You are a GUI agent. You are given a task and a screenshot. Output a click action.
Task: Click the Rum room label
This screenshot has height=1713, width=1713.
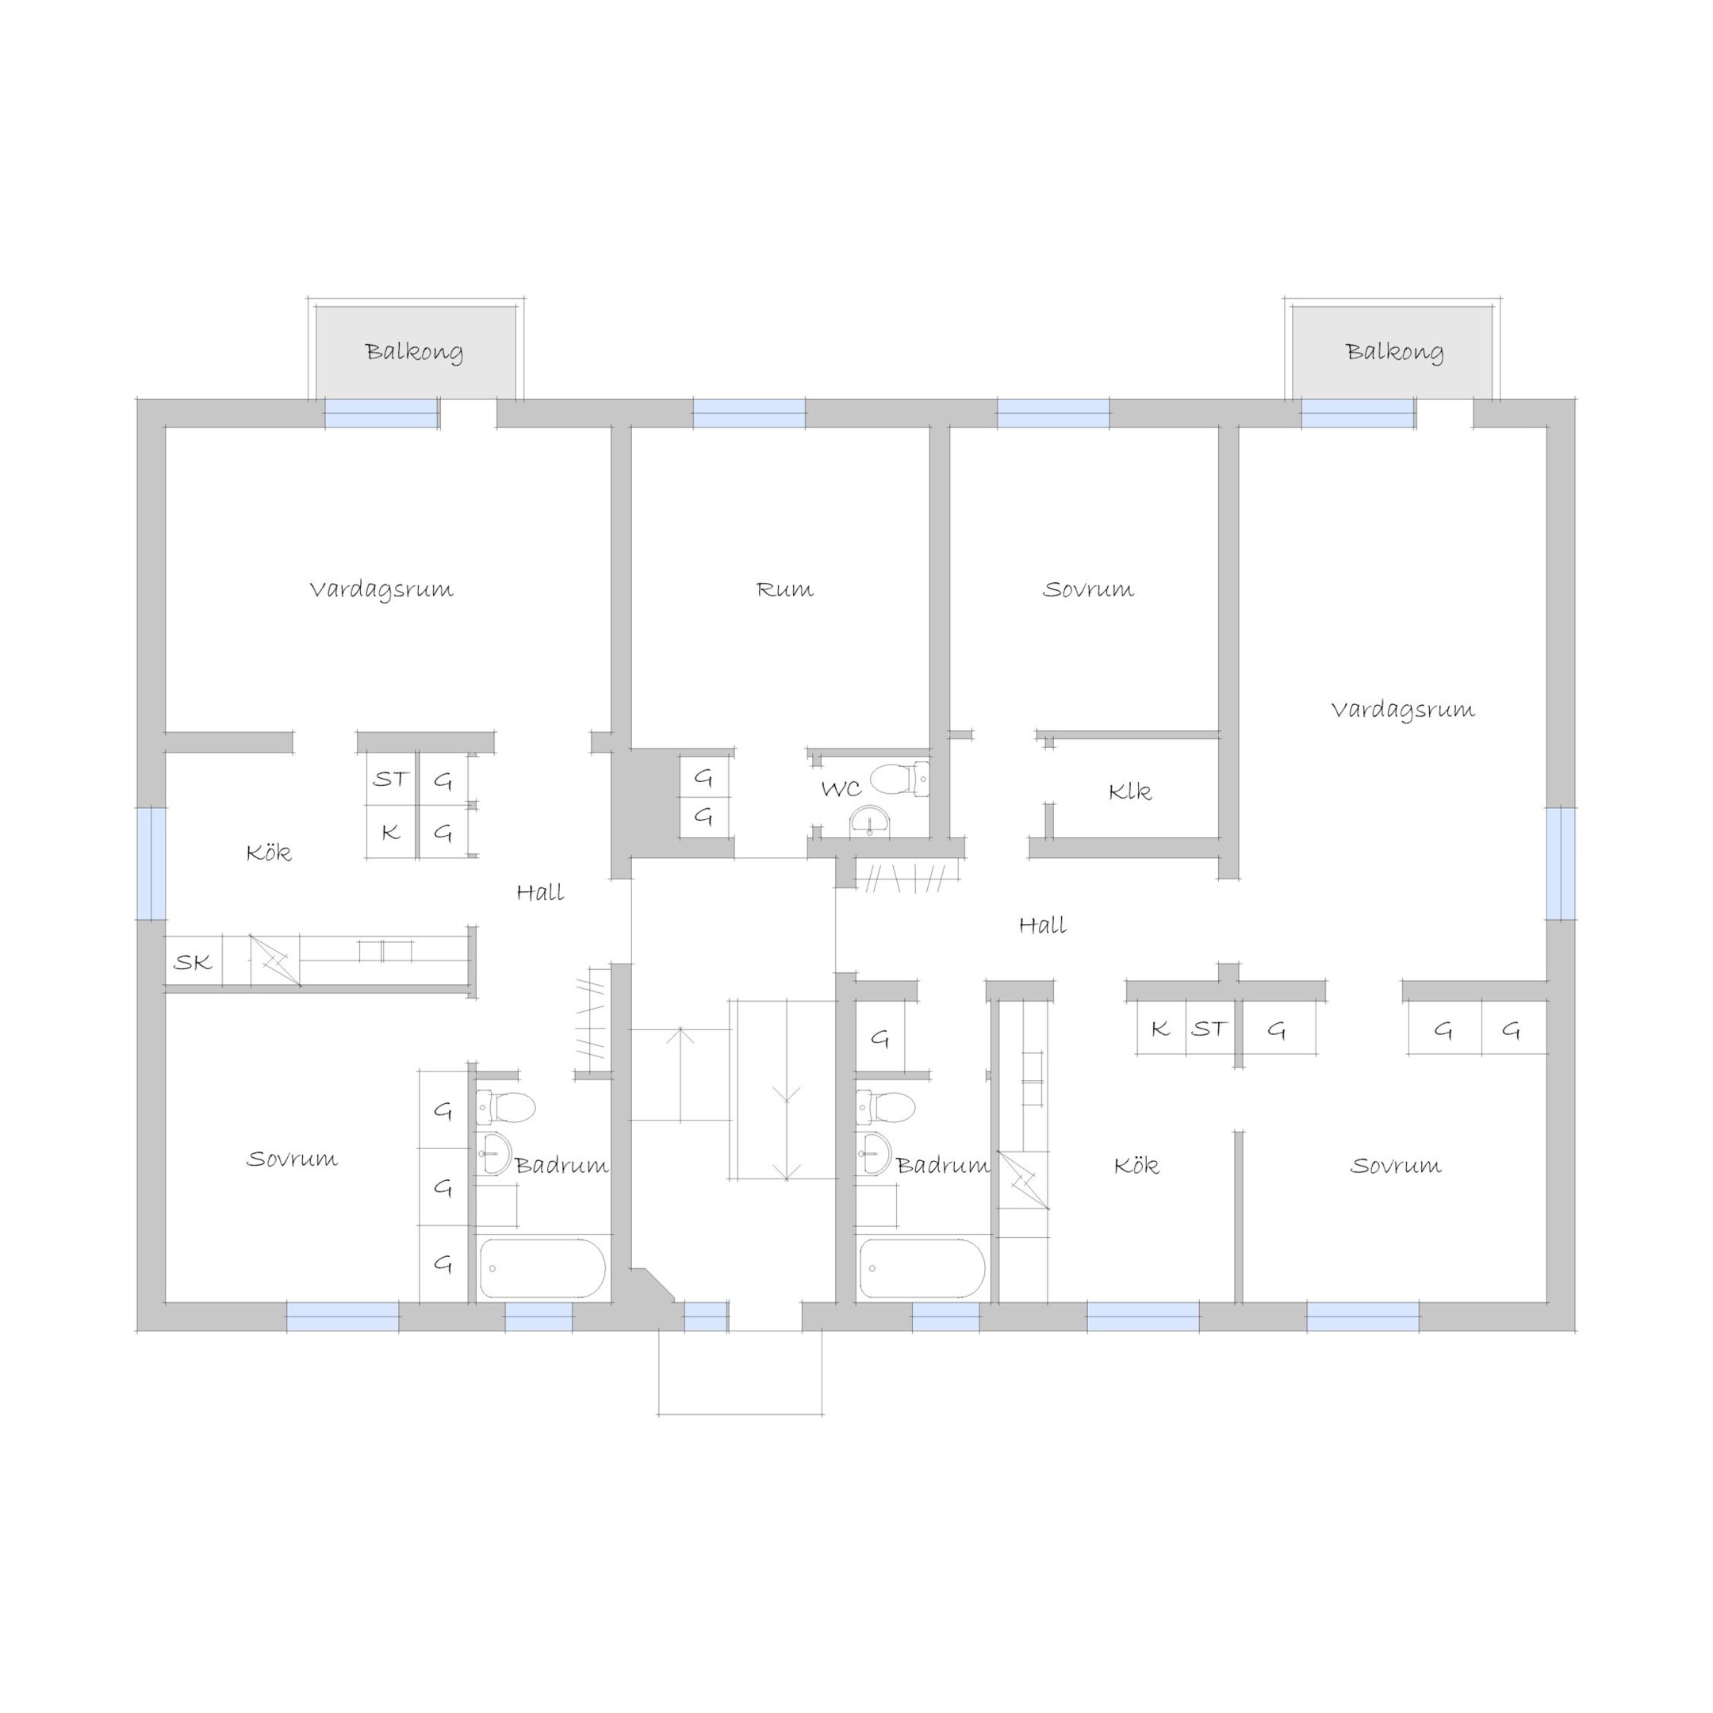(x=784, y=589)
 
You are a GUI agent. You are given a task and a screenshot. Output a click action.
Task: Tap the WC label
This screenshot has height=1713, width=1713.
(x=841, y=788)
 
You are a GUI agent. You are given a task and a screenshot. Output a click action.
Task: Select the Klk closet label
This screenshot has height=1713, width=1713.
(x=1129, y=791)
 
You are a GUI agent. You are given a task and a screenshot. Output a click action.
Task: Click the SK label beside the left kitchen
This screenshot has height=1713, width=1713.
(x=193, y=962)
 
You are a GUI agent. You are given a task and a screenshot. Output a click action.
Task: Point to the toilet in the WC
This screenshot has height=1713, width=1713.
(x=899, y=780)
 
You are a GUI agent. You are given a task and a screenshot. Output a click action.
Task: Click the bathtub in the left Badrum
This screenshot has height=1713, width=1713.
(x=542, y=1268)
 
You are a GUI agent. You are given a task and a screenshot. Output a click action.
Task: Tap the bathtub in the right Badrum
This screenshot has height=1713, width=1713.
(x=922, y=1268)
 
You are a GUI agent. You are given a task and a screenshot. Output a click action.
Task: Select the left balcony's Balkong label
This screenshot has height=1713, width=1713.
(x=414, y=352)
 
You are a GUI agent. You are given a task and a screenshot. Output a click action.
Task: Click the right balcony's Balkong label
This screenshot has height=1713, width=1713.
(x=1395, y=352)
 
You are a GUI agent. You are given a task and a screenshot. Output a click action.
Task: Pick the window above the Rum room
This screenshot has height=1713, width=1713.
(x=749, y=413)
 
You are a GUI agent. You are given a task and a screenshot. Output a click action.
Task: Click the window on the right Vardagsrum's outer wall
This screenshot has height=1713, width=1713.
(x=1562, y=864)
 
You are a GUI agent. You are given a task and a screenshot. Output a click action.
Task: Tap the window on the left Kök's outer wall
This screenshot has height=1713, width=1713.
(x=151, y=864)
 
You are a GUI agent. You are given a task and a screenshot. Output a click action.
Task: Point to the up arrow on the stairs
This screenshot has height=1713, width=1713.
(x=680, y=1074)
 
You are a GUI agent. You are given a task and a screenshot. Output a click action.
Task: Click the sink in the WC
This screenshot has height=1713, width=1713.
(x=870, y=822)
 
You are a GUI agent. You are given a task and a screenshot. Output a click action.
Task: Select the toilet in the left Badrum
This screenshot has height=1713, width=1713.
(x=506, y=1107)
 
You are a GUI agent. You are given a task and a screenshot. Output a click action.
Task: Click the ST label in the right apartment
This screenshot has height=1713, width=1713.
(x=1209, y=1029)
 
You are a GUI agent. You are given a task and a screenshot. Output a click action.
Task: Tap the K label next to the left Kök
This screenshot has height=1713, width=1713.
(x=390, y=832)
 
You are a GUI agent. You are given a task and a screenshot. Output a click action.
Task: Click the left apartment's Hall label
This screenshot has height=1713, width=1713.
(x=540, y=892)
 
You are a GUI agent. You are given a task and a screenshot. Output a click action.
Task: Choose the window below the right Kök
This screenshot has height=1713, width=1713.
(x=1143, y=1316)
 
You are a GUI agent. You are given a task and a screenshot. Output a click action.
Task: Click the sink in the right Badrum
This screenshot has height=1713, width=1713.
(x=873, y=1152)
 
